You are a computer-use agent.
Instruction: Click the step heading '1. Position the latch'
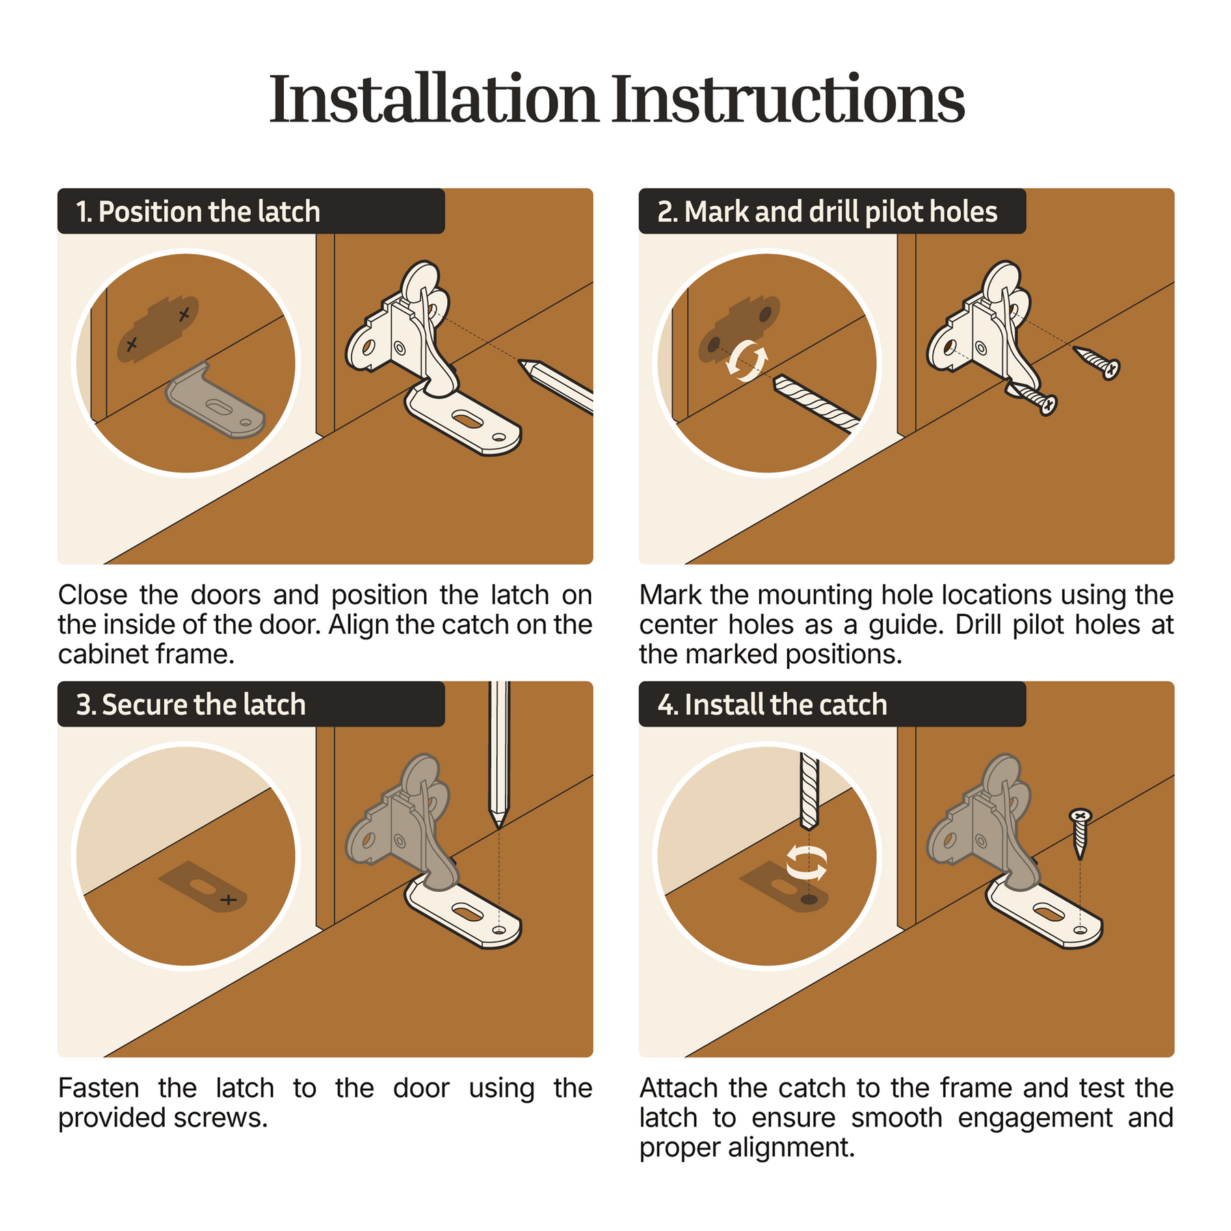pyautogui.click(x=198, y=212)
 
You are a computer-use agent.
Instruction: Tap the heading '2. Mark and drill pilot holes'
pyautogui.click(x=828, y=212)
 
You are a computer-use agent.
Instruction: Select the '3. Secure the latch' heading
pyautogui.click(x=191, y=704)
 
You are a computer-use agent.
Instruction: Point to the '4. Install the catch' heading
pyautogui.click(x=772, y=704)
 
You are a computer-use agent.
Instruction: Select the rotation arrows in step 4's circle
pyautogui.click(x=807, y=862)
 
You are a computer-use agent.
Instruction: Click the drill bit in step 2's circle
pyautogui.click(x=816, y=404)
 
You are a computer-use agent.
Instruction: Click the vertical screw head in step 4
pyautogui.click(x=1080, y=815)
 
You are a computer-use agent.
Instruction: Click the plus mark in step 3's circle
pyautogui.click(x=228, y=899)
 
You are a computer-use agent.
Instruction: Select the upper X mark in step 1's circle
pyautogui.click(x=183, y=315)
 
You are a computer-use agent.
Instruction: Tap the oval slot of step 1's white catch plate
pyautogui.click(x=468, y=419)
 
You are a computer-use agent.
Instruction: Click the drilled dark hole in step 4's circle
pyautogui.click(x=809, y=899)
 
